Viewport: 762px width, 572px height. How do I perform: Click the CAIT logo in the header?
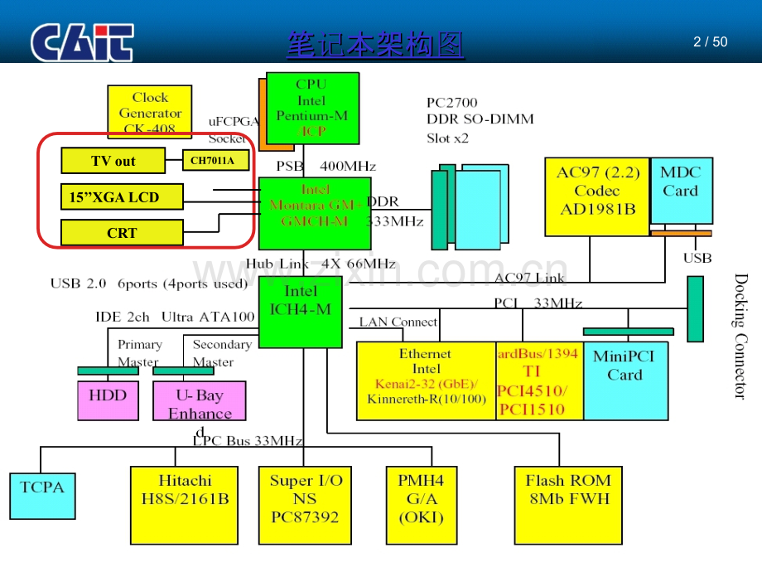83,43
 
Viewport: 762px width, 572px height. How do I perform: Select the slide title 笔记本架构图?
375,44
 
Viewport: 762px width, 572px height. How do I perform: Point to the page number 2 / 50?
710,41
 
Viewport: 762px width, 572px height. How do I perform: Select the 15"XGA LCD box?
123,197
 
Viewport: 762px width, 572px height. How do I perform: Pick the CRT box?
123,233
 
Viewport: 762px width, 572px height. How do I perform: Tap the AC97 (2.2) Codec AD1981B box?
596,196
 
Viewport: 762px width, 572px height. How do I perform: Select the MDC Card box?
681,190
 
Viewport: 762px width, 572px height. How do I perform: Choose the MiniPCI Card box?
625,381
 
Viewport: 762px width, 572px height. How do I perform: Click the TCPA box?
42,495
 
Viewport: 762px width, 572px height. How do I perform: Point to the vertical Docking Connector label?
740,336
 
